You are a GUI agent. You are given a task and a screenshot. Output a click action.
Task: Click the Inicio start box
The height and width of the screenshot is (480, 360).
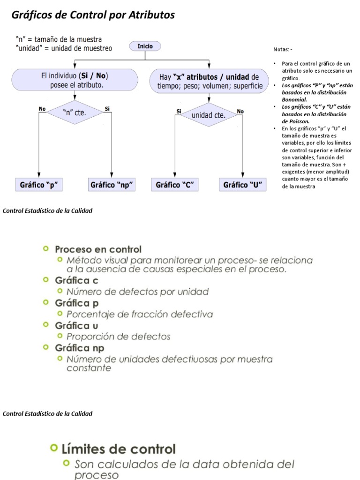tap(145, 46)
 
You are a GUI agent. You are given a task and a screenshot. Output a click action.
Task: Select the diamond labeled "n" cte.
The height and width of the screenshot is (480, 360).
tap(75, 112)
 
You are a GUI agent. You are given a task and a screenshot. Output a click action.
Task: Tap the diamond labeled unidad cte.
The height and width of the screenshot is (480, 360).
tap(209, 115)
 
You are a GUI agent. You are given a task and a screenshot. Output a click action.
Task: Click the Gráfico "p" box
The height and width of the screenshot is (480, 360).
tap(39, 185)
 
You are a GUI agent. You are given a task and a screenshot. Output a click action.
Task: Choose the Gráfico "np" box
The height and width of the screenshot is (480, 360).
tap(112, 185)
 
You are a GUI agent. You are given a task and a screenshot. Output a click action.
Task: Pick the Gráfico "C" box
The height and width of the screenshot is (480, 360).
tap(174, 185)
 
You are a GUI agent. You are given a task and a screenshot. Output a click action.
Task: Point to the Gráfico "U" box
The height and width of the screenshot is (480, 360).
tap(242, 185)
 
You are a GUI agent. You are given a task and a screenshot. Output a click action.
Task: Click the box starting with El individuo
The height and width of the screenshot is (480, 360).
tap(75, 80)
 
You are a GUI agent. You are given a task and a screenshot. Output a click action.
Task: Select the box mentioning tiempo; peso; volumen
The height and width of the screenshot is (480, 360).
tap(209, 82)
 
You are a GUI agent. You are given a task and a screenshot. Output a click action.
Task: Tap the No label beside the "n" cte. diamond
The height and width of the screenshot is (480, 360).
tap(42, 109)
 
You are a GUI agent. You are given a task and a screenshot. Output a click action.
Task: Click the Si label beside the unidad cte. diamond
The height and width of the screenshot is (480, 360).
tap(179, 111)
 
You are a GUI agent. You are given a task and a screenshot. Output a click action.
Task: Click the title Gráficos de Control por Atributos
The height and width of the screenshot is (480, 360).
tap(93, 15)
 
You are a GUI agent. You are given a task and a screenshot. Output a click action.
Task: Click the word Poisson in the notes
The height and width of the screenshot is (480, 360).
tap(295, 121)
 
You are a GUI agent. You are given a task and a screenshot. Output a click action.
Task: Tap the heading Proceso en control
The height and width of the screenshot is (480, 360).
tap(98, 249)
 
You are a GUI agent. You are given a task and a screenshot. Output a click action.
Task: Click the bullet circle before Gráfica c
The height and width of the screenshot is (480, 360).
tap(45, 280)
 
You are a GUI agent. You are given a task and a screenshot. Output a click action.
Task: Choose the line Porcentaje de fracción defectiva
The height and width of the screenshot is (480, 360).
tap(139, 314)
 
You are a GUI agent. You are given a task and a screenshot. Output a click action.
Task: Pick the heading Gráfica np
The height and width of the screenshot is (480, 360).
tap(80, 348)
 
